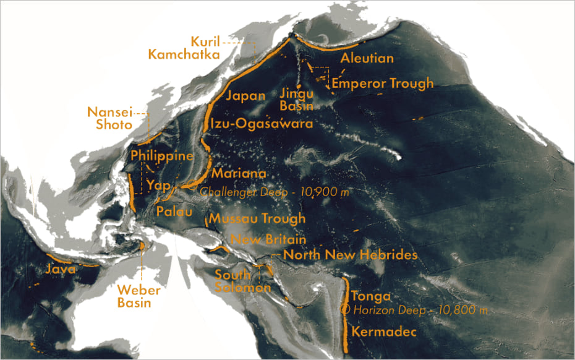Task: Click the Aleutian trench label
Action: tap(367, 59)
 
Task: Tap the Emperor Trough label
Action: tap(383, 83)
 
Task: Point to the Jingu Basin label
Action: tap(297, 99)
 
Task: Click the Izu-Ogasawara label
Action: tap(262, 123)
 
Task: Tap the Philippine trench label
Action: tap(162, 156)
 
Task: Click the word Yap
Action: tap(159, 184)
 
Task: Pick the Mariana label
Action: tap(239, 174)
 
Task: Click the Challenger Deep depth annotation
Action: tap(275, 192)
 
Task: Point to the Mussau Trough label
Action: tap(257, 218)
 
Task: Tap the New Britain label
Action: tap(268, 239)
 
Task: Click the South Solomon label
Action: tap(243, 281)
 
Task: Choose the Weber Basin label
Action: tap(138, 297)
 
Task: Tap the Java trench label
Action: tap(61, 270)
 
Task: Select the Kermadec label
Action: tap(381, 332)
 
